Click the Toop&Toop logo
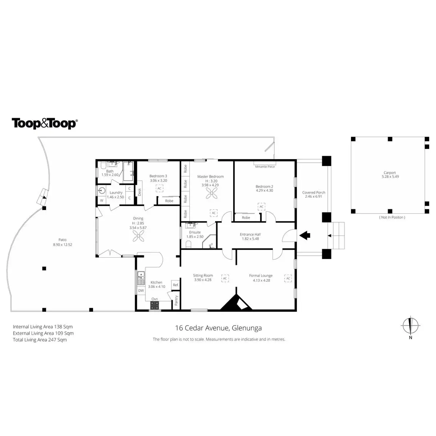tap(44, 123)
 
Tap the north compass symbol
tap(411, 326)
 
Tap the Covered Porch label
tap(314, 194)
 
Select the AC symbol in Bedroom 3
tap(159, 188)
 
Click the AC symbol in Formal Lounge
tap(288, 278)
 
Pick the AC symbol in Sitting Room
tap(225, 278)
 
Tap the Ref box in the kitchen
tap(175, 285)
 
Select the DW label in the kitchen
tap(141, 291)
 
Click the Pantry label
tap(176, 300)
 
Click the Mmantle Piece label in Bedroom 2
tap(265, 167)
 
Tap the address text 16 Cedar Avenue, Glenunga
tap(218, 328)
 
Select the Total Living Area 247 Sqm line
tap(40, 340)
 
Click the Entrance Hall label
tap(250, 237)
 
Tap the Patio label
tap(62, 242)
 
